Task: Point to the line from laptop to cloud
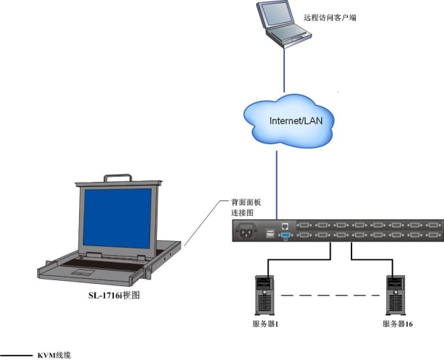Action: pyautogui.click(x=282, y=70)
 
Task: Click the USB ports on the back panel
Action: pyautogui.click(x=269, y=234)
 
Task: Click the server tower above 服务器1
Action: pyautogui.click(x=264, y=293)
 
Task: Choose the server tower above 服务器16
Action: pyautogui.click(x=394, y=293)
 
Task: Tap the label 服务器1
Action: pyautogui.click(x=265, y=325)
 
